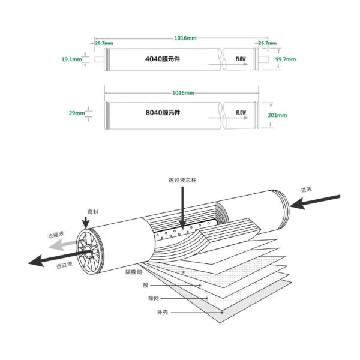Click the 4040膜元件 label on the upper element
pyautogui.click(x=163, y=60)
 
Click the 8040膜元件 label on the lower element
pyautogui.click(x=163, y=112)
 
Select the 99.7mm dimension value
pyautogui.click(x=285, y=60)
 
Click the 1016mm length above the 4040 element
pyautogui.click(x=184, y=38)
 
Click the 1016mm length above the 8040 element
pyautogui.click(x=184, y=93)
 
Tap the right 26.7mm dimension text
pyautogui.click(x=267, y=43)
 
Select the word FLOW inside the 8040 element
pyautogui.click(x=241, y=112)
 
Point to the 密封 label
pyautogui.click(x=92, y=211)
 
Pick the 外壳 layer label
pyautogui.click(x=146, y=311)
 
